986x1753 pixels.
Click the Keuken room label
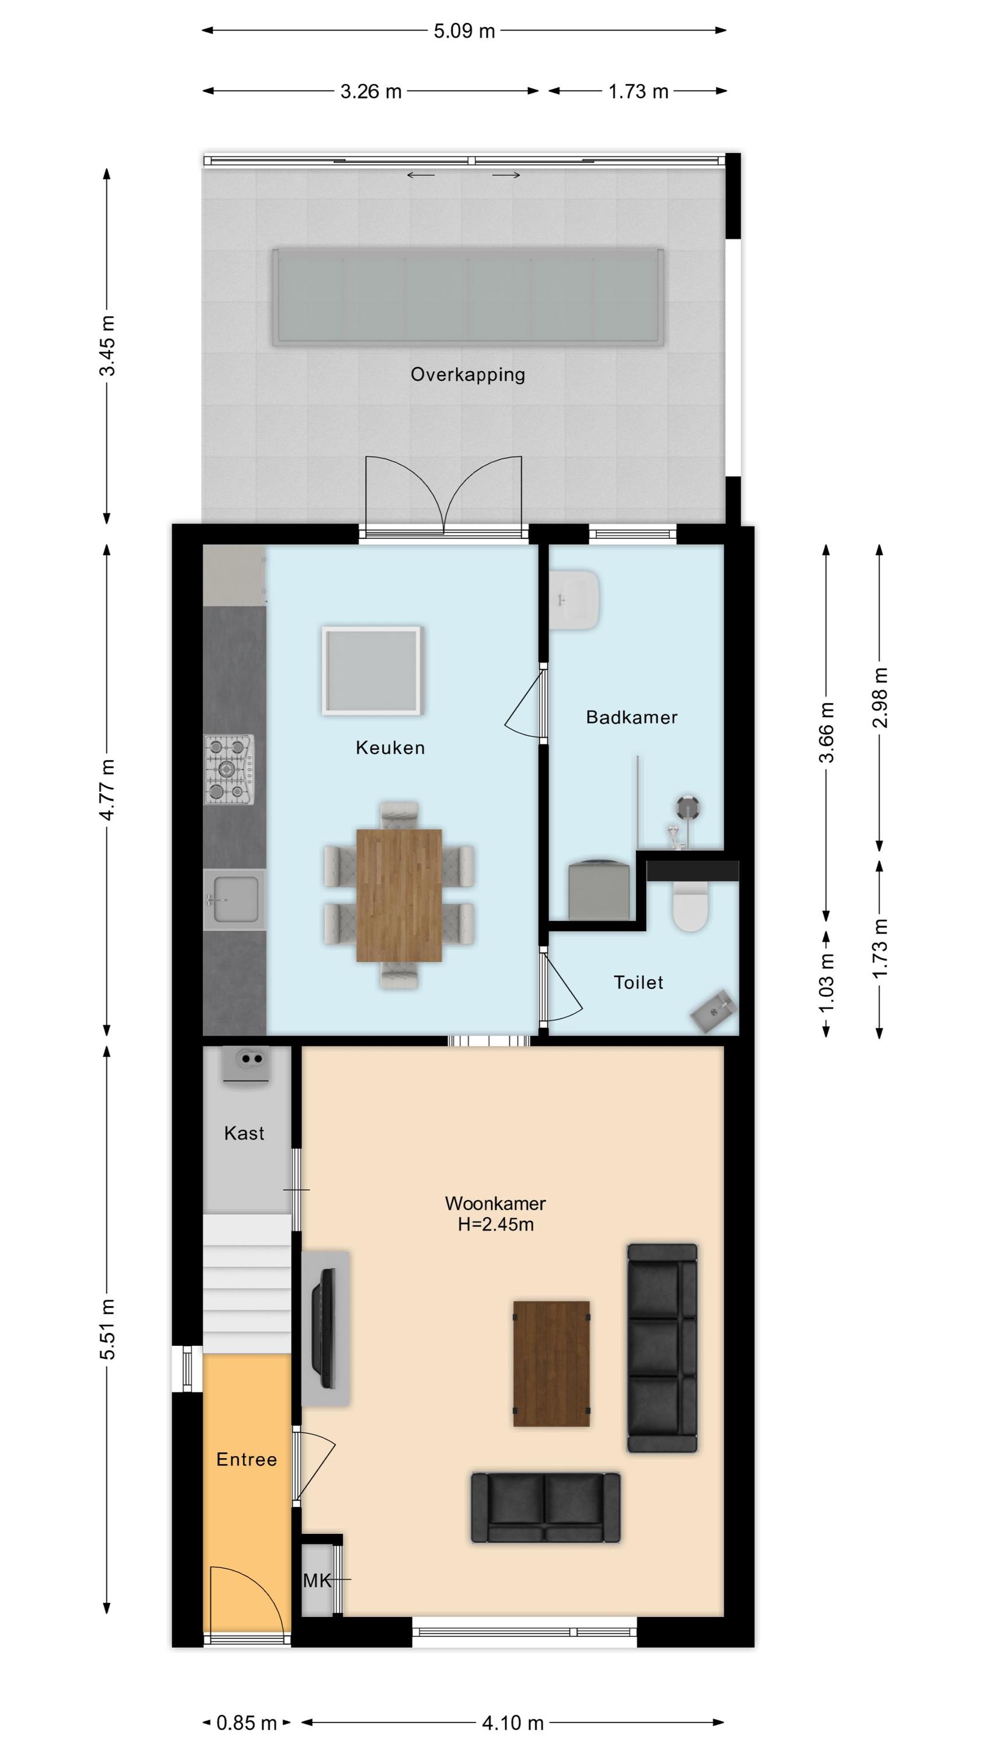[390, 748]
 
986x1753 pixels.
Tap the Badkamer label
[631, 717]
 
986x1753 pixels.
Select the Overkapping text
[467, 375]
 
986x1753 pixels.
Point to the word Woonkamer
[495, 1203]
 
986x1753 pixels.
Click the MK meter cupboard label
[317, 1580]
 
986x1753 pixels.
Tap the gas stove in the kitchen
[230, 770]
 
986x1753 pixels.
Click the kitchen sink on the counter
[235, 900]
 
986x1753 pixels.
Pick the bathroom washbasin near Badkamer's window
[576, 600]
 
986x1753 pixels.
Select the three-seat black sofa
[662, 1347]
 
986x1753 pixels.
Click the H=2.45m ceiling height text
[495, 1224]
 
